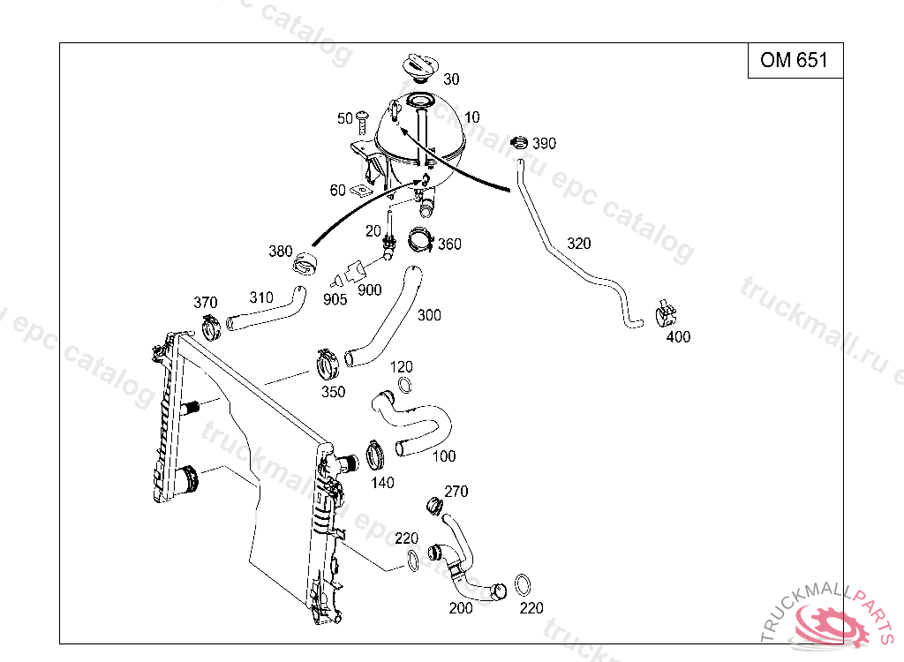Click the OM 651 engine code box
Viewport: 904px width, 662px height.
coord(795,60)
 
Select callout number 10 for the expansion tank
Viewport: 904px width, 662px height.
coord(472,117)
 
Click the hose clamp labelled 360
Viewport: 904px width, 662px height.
coord(421,240)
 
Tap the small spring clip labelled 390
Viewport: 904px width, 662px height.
coord(519,142)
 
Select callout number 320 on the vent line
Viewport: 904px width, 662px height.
coord(579,243)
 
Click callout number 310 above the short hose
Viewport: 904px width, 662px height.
coord(261,297)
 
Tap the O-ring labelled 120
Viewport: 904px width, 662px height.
coord(403,385)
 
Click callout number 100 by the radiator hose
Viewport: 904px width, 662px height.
coord(445,456)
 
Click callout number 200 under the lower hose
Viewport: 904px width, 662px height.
coord(461,608)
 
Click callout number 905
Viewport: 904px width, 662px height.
coord(335,299)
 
